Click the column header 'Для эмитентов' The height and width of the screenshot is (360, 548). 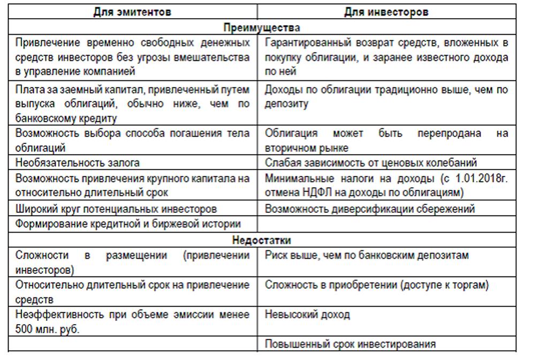[x=132, y=12]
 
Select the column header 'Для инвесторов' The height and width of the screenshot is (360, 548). [x=386, y=12]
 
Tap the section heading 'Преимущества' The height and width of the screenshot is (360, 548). [x=262, y=27]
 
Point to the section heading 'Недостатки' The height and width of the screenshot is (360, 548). [x=262, y=240]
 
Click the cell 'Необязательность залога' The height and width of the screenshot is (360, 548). [x=78, y=163]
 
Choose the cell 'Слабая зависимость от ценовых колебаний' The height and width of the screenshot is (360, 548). [x=371, y=163]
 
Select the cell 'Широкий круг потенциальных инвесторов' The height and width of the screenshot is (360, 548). [x=116, y=209]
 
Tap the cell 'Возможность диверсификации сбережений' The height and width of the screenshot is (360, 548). [x=370, y=209]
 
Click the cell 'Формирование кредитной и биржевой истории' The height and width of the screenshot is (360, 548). [x=128, y=224]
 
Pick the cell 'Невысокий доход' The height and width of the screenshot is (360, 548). [x=307, y=315]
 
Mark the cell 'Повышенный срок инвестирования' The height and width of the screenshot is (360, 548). [x=350, y=344]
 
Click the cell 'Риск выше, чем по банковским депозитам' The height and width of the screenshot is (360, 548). [x=367, y=255]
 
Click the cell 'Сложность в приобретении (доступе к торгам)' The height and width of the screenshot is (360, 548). [x=377, y=285]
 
